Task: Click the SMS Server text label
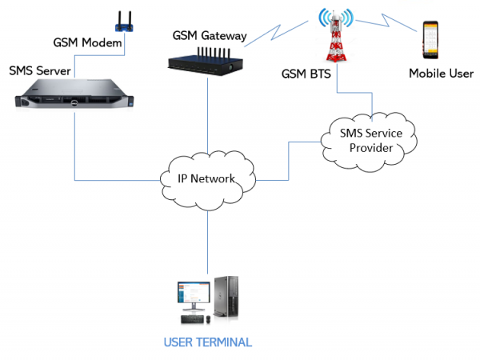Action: pos(39,71)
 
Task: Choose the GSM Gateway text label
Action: pos(210,36)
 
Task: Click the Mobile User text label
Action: pos(441,74)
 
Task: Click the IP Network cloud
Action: pos(206,178)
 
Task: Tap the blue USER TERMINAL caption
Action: pos(207,342)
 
